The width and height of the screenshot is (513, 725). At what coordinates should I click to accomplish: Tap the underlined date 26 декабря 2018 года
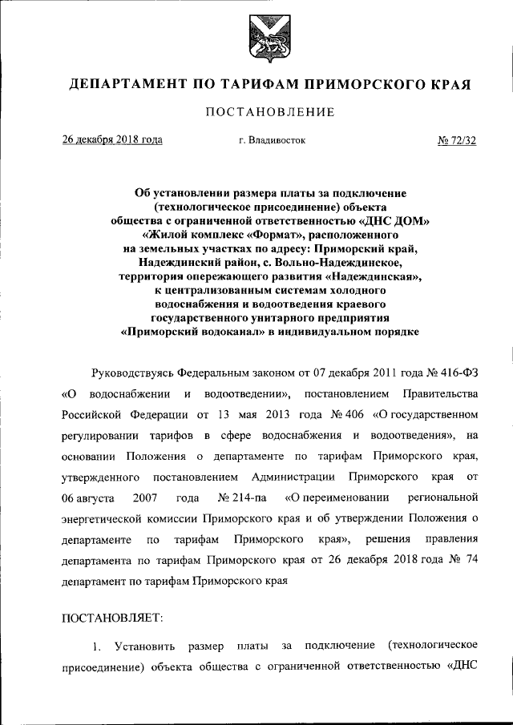coord(112,140)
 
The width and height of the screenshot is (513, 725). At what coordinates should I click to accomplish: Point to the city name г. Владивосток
coord(271,140)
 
